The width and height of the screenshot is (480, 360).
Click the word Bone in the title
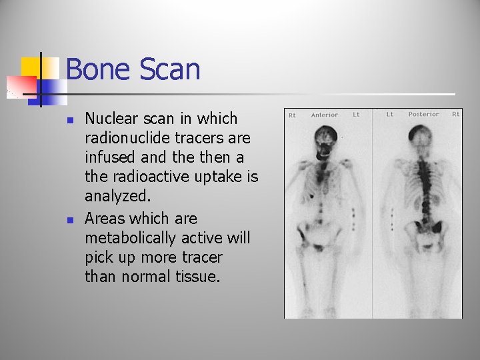point(96,69)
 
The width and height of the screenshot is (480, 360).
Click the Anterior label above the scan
point(325,115)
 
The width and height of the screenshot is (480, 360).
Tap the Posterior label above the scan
point(424,114)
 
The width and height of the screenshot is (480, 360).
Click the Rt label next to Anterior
point(292,115)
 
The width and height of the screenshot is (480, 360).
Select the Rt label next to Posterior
point(456,114)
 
